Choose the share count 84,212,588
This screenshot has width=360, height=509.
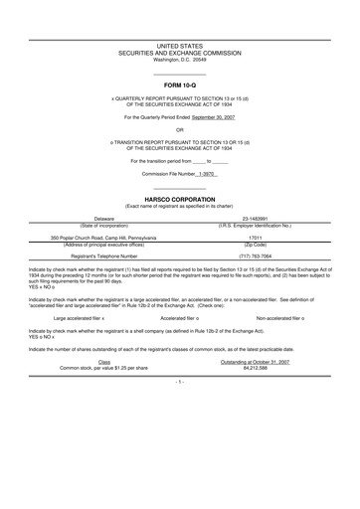tap(258, 367)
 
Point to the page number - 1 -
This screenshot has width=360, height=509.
tap(180, 382)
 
